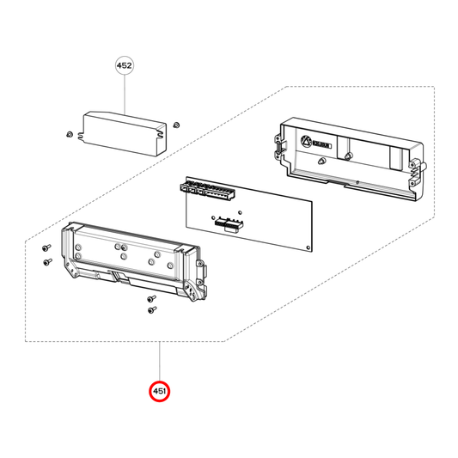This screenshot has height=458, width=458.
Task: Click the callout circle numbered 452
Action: point(125,65)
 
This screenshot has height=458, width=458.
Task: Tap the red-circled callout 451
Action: point(160,392)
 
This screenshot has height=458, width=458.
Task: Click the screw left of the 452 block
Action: point(69,135)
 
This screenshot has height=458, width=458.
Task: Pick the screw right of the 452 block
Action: point(175,125)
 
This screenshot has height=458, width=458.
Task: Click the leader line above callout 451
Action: point(160,361)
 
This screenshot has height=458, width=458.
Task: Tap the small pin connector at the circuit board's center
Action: point(226,225)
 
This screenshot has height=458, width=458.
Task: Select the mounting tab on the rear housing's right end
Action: point(419,168)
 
